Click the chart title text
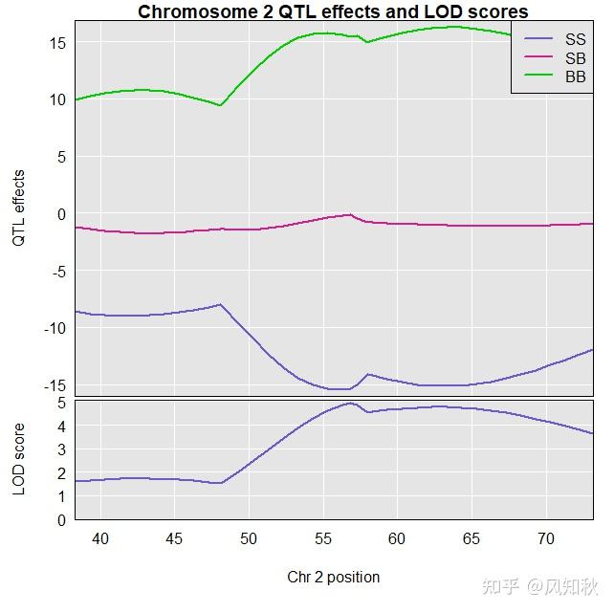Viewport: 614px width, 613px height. [333, 11]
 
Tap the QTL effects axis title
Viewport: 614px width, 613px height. [18, 208]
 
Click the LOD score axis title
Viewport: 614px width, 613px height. [18, 460]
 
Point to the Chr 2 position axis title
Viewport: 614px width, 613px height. [333, 577]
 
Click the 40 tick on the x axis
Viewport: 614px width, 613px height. [100, 539]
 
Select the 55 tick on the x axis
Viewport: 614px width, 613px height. [323, 539]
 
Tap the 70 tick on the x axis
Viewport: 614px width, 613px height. [546, 539]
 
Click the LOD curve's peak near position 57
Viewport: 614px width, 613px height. [350, 403]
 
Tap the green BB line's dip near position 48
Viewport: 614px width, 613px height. [220, 105]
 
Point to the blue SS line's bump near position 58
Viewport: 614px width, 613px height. [367, 374]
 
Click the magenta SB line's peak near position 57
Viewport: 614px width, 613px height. [350, 215]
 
